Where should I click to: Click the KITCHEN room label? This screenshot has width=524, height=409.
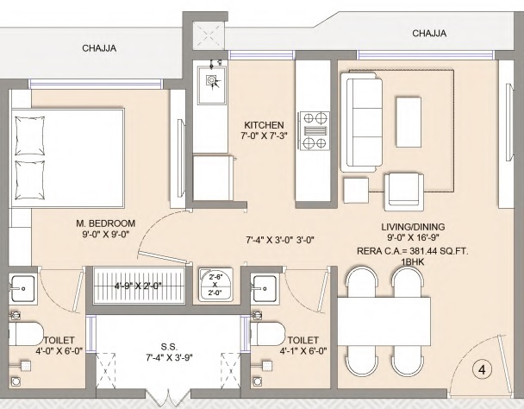click(264, 125)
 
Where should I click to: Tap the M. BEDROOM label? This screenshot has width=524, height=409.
click(106, 223)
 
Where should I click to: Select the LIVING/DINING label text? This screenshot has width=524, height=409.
click(413, 227)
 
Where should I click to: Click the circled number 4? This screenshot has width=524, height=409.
click(482, 370)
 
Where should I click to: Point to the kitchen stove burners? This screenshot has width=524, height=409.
click(315, 131)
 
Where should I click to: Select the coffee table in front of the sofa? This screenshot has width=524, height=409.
click(409, 123)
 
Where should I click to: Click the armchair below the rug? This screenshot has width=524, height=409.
click(404, 192)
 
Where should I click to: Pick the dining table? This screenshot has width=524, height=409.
click(384, 321)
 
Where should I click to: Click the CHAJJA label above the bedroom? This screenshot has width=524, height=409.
click(99, 48)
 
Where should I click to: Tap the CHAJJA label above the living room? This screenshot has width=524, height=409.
click(429, 33)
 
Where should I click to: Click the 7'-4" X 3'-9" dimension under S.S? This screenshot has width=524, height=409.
click(169, 358)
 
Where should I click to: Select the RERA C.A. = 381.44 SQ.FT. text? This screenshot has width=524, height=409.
click(413, 251)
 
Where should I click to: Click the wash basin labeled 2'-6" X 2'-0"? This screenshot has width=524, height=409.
click(215, 284)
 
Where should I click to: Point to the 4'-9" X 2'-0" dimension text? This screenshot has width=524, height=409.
click(139, 286)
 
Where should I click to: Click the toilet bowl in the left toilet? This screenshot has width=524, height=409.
click(25, 334)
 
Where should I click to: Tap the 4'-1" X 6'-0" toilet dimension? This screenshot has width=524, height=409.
click(303, 351)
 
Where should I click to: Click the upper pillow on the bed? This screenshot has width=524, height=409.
click(30, 135)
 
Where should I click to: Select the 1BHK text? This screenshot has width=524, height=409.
click(413, 261)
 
